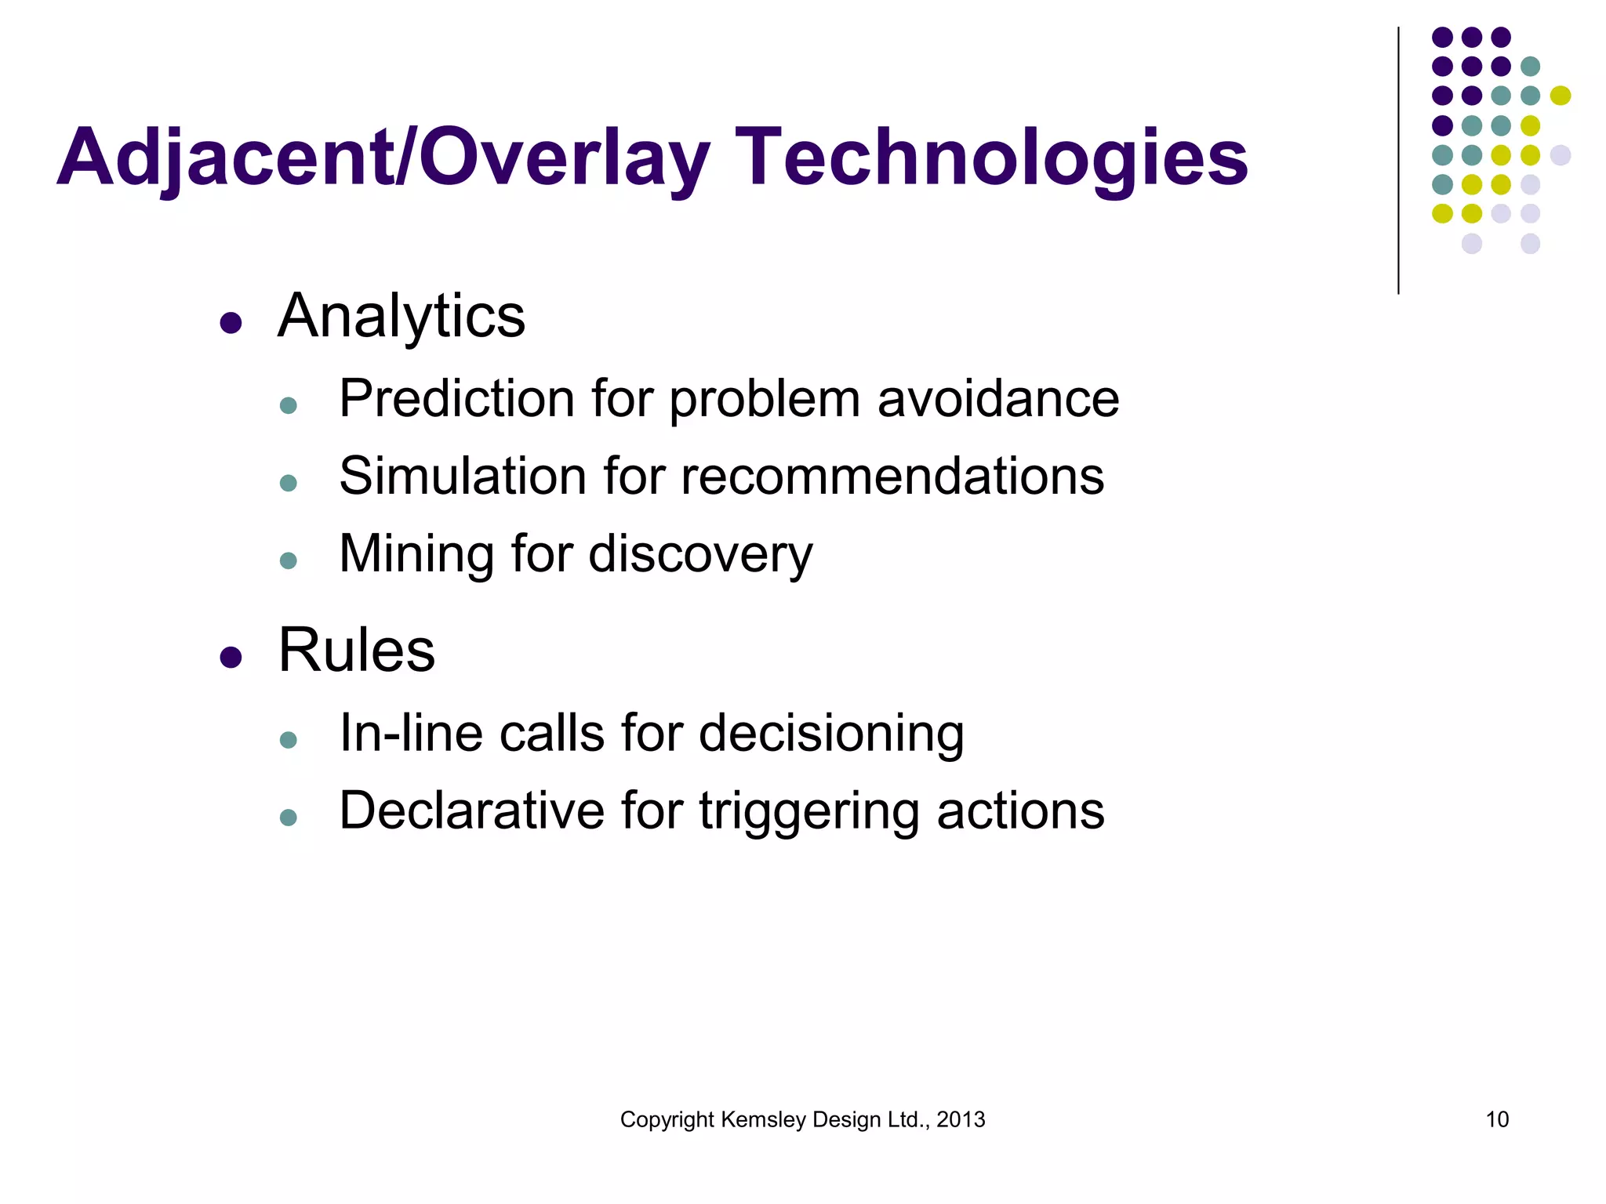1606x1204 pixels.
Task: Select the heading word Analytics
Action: (x=401, y=317)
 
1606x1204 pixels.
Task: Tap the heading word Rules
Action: (x=357, y=651)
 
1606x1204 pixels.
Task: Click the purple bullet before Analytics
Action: (x=231, y=323)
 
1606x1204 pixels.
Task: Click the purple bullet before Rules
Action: (x=231, y=657)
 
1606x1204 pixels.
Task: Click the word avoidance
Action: (x=997, y=399)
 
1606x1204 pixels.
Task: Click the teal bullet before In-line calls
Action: (x=288, y=740)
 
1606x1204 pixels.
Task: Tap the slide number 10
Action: (x=1497, y=1119)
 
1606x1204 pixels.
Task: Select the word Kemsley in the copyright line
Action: (x=763, y=1119)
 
